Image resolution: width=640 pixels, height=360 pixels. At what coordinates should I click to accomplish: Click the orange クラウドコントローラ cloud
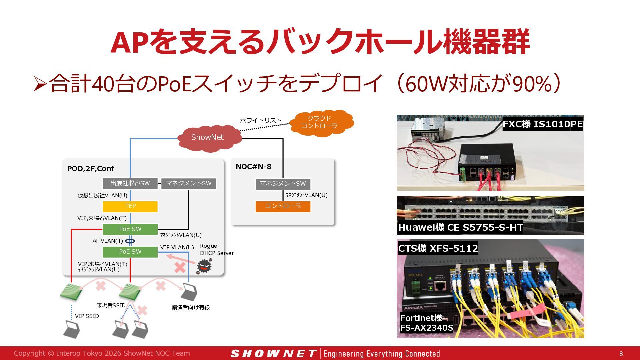click(321, 123)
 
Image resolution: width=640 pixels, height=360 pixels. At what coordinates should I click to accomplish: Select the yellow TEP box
click(130, 206)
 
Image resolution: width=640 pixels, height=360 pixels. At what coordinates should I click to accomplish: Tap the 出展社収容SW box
click(130, 184)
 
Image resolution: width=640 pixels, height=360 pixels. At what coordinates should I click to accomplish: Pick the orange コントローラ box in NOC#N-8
click(283, 206)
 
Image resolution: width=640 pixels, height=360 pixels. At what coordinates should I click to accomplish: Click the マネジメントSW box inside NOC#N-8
click(283, 184)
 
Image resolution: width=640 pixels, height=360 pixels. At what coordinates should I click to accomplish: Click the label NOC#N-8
click(253, 166)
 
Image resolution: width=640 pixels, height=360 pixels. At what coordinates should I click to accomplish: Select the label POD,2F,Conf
click(90, 169)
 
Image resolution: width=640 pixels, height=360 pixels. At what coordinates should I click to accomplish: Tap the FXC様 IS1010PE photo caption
click(543, 124)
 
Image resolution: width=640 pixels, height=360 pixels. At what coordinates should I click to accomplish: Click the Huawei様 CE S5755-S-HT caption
click(460, 227)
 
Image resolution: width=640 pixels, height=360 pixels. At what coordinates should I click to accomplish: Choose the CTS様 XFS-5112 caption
click(438, 248)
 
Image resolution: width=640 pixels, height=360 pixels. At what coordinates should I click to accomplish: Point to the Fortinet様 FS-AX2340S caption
click(426, 323)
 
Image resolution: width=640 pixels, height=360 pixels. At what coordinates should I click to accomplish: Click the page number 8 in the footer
click(621, 354)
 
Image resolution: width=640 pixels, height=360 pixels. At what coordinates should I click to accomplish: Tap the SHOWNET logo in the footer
click(273, 354)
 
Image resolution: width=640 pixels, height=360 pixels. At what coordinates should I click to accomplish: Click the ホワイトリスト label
click(261, 120)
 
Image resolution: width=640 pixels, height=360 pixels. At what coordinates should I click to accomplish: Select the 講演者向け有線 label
click(191, 307)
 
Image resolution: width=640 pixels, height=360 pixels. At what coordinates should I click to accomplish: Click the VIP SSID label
click(87, 316)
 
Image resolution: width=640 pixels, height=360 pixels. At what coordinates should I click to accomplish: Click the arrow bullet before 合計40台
click(40, 84)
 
